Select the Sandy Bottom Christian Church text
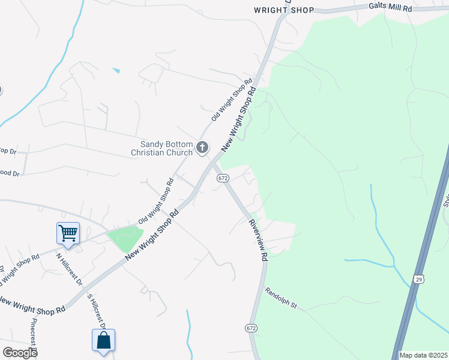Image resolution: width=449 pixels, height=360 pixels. pos(162,148)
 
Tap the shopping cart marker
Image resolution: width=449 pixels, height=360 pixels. pos(68,233)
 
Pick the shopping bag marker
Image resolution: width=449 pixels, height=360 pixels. pos(104,340)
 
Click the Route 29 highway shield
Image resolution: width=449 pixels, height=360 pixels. pos(419,278)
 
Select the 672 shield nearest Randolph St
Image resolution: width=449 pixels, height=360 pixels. pos(251,328)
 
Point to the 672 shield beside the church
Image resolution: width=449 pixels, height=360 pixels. pos(223,178)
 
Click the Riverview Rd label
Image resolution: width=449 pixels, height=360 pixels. pos(258,239)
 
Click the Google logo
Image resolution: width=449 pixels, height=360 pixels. pos(20,352)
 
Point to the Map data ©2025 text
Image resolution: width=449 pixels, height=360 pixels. pos(423,355)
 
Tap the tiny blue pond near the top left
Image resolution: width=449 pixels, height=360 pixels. pos(116,71)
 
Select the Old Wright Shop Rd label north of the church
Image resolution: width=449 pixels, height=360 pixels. pos(232,100)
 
